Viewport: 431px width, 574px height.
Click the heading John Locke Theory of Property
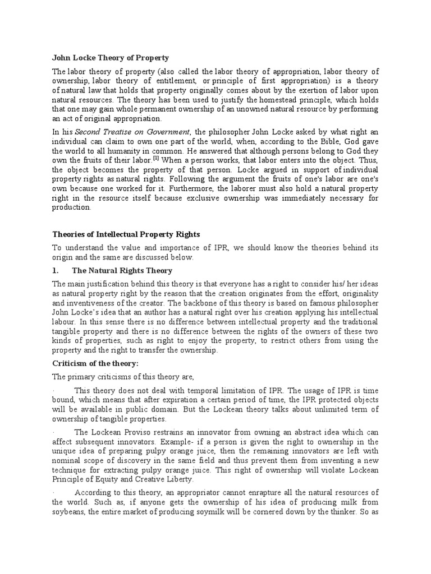(111, 58)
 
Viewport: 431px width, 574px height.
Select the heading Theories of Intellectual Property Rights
(126, 234)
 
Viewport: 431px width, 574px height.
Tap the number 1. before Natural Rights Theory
(56, 270)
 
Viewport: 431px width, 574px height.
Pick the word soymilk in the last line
(236, 512)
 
